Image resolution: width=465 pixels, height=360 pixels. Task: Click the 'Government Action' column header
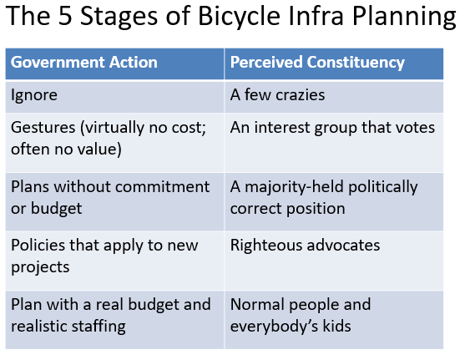tap(83, 63)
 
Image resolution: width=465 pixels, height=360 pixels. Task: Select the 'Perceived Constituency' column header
tap(317, 63)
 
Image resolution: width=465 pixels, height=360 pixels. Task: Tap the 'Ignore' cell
tap(33, 95)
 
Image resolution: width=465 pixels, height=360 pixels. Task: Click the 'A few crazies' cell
tap(277, 95)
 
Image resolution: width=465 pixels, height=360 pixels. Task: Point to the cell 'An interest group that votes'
tap(332, 127)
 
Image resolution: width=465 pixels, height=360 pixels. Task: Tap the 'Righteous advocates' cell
tap(305, 245)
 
